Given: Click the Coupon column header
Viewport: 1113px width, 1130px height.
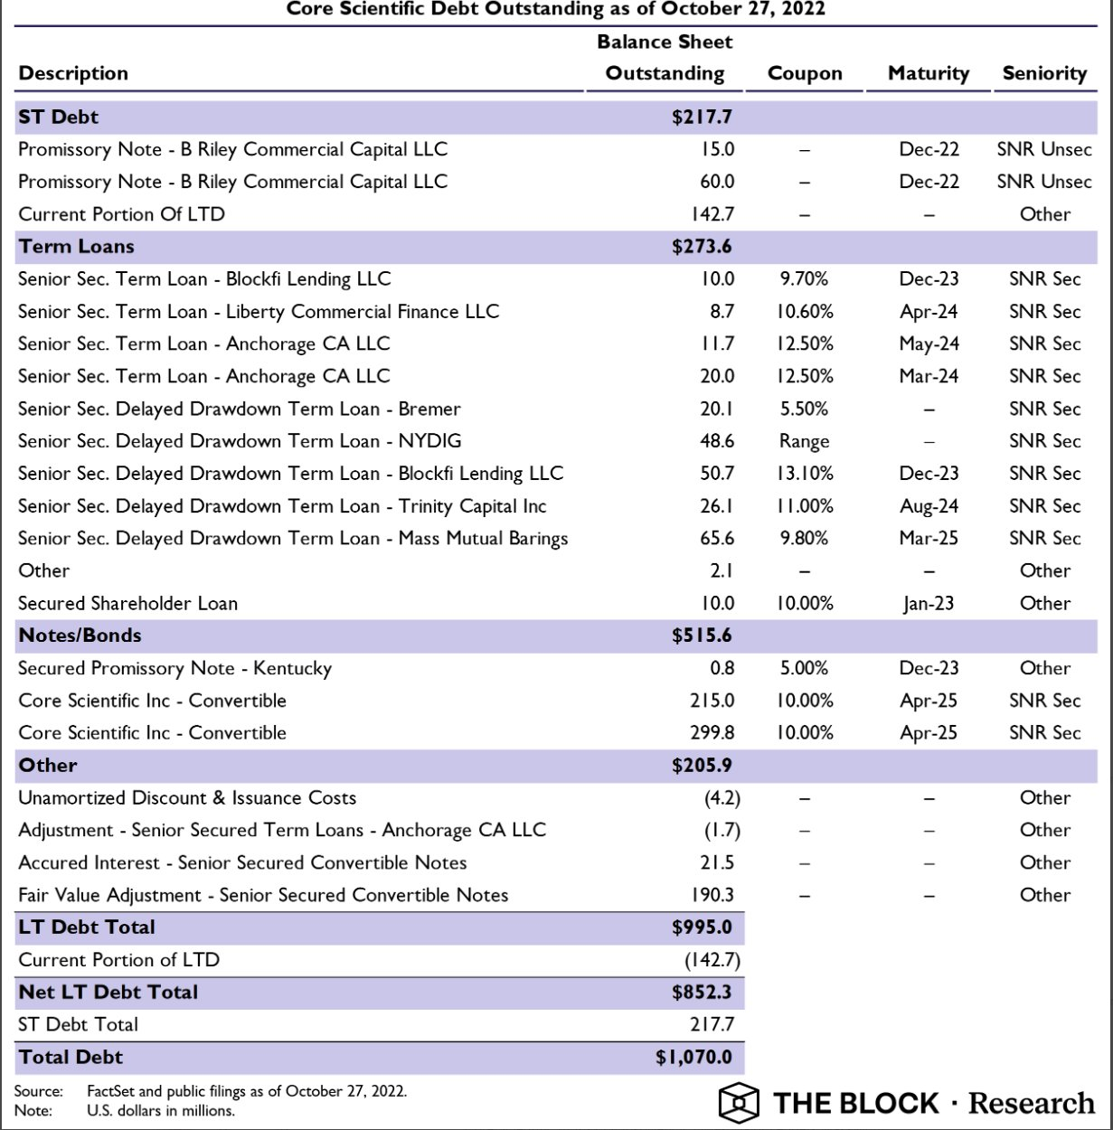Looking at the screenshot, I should (804, 74).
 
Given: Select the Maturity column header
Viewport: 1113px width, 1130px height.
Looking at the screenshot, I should (928, 74).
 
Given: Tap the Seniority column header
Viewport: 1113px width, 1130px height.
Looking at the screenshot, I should (1044, 74).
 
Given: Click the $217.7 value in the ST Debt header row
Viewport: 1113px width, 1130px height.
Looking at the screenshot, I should (702, 118).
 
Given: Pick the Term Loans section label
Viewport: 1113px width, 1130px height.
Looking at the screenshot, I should (76, 247).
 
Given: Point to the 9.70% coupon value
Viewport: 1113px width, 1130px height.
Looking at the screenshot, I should (804, 279).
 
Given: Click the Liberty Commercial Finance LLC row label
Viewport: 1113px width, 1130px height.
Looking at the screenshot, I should (259, 312).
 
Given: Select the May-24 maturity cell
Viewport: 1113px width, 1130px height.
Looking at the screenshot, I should (929, 344).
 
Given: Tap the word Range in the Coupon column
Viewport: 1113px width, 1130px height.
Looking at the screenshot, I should (804, 442).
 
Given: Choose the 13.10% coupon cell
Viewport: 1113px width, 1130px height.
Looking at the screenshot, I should (804, 474).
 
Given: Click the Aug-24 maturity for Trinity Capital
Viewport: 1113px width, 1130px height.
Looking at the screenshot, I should (929, 506).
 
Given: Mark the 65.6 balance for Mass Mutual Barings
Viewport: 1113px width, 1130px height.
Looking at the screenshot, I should (717, 539).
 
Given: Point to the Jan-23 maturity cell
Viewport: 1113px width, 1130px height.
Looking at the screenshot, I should (929, 604).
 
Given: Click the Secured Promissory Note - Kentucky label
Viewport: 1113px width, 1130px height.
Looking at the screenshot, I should (174, 669).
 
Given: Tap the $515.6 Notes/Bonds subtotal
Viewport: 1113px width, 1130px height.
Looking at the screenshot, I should (702, 636).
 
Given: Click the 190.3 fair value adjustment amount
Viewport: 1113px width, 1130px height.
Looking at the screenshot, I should (712, 896).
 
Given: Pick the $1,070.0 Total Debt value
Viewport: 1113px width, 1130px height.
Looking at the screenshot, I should (693, 1058).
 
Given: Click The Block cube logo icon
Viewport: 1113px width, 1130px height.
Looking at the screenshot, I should (739, 1102).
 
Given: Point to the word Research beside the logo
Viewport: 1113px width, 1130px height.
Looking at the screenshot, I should (1031, 1104).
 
